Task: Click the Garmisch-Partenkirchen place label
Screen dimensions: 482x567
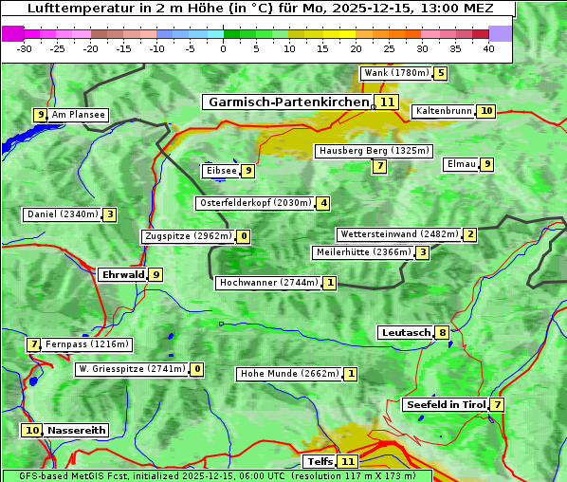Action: click(x=287, y=102)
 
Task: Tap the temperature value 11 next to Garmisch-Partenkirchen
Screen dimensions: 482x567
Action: click(x=386, y=102)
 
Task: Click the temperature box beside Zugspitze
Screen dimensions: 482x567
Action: click(x=244, y=236)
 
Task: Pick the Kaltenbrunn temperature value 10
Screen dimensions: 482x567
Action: click(x=485, y=111)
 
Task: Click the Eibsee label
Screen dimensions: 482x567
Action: click(x=221, y=171)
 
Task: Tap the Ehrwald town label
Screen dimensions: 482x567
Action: click(x=123, y=274)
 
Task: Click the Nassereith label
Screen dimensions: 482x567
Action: click(x=77, y=430)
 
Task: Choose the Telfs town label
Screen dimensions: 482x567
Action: click(x=320, y=462)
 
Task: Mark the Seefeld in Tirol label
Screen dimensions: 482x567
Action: click(x=446, y=405)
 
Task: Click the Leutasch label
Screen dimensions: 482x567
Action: click(x=406, y=332)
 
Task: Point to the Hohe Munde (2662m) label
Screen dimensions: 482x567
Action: click(x=289, y=374)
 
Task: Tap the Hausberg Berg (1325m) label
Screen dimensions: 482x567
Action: click(x=374, y=151)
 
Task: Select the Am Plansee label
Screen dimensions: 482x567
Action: click(x=79, y=115)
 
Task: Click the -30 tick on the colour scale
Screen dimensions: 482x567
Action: click(x=25, y=48)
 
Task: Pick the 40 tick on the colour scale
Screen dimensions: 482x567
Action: click(x=488, y=48)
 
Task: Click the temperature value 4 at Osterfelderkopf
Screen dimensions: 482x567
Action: click(x=323, y=203)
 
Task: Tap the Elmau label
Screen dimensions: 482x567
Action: click(x=462, y=164)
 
